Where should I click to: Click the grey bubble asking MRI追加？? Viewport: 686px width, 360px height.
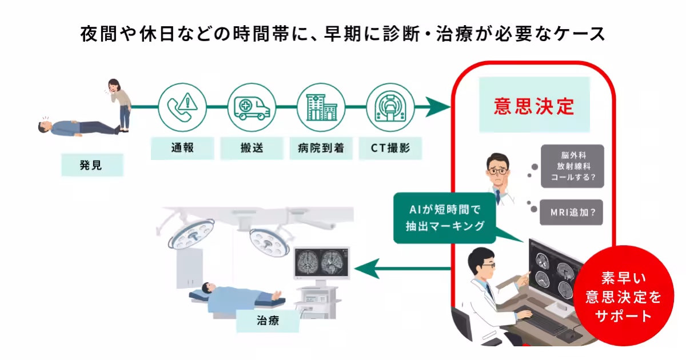[572, 212]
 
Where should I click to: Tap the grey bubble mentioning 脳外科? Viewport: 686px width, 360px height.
[572, 166]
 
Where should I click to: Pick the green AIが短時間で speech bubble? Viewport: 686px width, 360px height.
[446, 218]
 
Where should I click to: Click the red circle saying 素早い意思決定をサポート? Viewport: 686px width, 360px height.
[623, 298]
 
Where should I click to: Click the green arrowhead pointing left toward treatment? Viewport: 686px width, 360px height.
[366, 268]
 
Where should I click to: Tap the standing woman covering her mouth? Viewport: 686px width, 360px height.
[122, 103]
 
